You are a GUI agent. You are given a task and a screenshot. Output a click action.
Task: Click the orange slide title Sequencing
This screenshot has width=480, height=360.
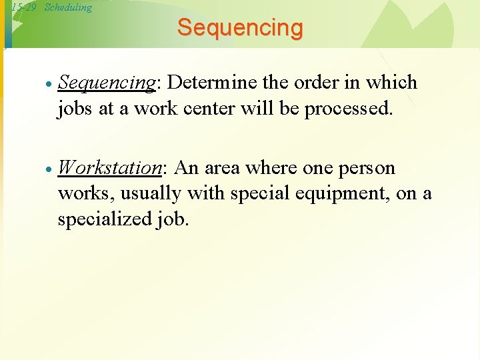(x=240, y=28)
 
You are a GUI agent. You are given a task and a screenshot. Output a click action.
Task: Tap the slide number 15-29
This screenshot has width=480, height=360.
(x=23, y=7)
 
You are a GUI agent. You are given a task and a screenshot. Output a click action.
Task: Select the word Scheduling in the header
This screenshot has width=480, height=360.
(x=68, y=7)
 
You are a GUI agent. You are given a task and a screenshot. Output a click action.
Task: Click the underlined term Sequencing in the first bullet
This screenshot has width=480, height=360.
(x=107, y=83)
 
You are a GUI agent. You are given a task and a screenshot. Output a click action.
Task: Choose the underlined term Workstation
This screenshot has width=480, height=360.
(x=110, y=168)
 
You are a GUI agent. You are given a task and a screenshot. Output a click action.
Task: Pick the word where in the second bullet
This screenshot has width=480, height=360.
(x=273, y=168)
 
